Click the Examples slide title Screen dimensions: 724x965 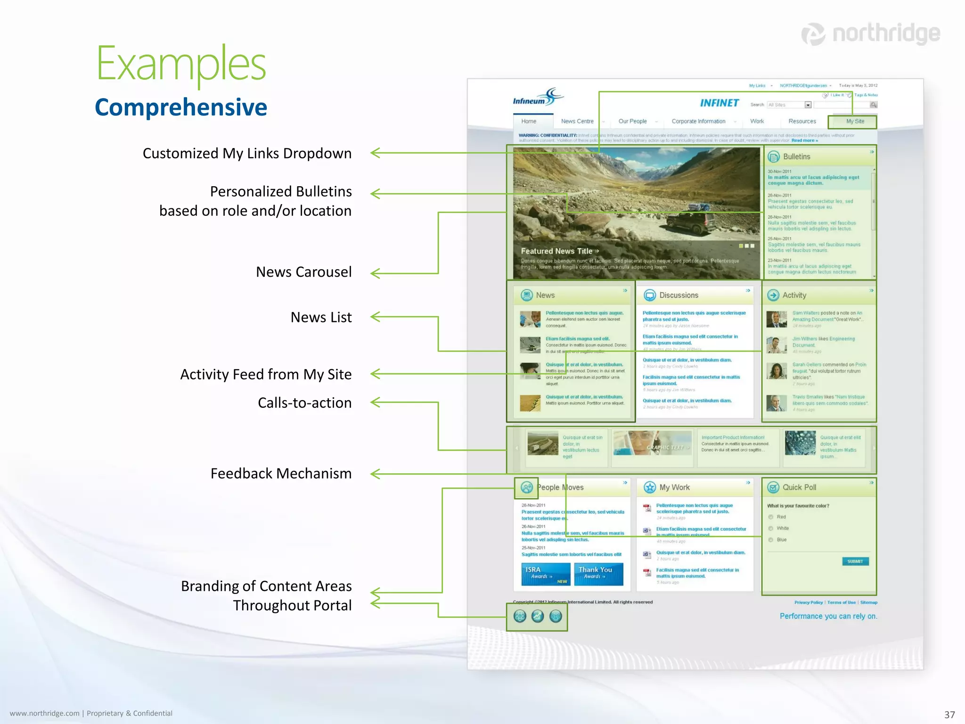tap(181, 64)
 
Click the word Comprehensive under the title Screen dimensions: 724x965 tap(181, 107)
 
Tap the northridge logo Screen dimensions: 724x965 tap(871, 34)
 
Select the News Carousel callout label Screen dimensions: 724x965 tap(303, 272)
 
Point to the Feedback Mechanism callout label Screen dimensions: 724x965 tap(281, 473)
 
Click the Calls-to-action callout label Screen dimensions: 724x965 tap(304, 403)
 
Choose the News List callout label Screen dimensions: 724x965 tap(321, 317)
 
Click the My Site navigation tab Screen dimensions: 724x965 tap(855, 121)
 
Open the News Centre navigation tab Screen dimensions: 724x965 tap(577, 121)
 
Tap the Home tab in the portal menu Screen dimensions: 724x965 tap(529, 121)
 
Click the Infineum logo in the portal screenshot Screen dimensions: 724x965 tap(538, 97)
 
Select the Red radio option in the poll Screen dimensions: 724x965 tap(771, 517)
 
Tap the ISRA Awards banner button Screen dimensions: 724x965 tap(545, 574)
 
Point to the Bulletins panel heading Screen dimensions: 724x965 tap(796, 156)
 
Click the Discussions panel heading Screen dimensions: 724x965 tap(679, 295)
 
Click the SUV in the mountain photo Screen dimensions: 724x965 tap(689, 221)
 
